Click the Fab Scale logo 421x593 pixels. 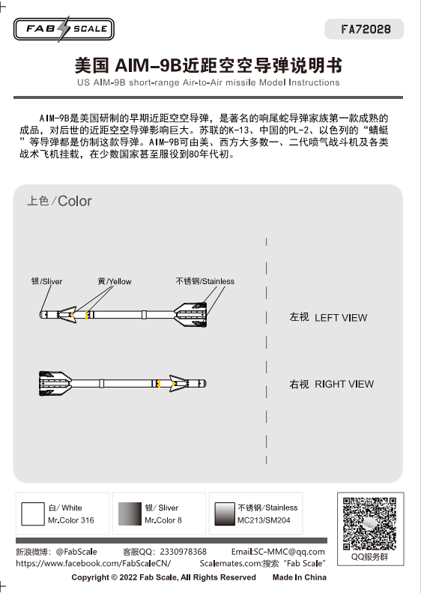click(64, 28)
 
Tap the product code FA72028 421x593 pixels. click(366, 29)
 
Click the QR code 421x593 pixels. click(369, 523)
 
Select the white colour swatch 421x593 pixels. click(32, 514)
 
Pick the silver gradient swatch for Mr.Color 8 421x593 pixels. click(130, 514)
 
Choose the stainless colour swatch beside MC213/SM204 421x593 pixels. click(225, 514)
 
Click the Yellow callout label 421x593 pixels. click(115, 281)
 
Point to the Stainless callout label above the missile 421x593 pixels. click(205, 281)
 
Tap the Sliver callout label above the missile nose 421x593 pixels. click(47, 281)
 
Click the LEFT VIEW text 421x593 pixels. click(341, 318)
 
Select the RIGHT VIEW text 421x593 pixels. click(344, 385)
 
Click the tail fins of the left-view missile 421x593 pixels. click(191, 315)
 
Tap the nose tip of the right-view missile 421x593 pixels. click(205, 384)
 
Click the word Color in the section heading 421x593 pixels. click(75, 201)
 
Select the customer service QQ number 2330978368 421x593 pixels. click(183, 552)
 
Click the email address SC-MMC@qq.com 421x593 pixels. click(289, 552)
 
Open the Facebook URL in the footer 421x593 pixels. click(94, 564)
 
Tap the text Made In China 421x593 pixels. click(300, 577)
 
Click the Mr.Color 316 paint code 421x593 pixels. click(71, 520)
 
